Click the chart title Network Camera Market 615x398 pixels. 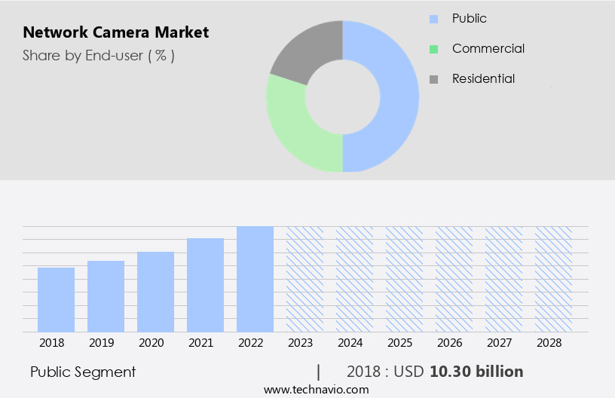pyautogui.click(x=116, y=32)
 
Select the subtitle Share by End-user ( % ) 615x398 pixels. pyautogui.click(x=99, y=55)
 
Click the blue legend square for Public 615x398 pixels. pyautogui.click(x=433, y=19)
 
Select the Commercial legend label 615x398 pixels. pyautogui.click(x=488, y=48)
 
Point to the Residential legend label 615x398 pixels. pyautogui.click(x=483, y=78)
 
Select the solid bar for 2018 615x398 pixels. pyautogui.click(x=56, y=299)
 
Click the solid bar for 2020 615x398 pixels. pyautogui.click(x=155, y=292)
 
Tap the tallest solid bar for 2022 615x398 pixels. pyautogui.click(x=255, y=279)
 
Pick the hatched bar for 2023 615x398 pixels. pyautogui.click(x=304, y=279)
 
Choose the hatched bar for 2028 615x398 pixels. pyautogui.click(x=553, y=279)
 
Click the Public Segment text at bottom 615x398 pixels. pyautogui.click(x=83, y=372)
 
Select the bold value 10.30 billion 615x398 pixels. pyautogui.click(x=476, y=372)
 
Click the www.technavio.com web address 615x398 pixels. pyautogui.click(x=317, y=389)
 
